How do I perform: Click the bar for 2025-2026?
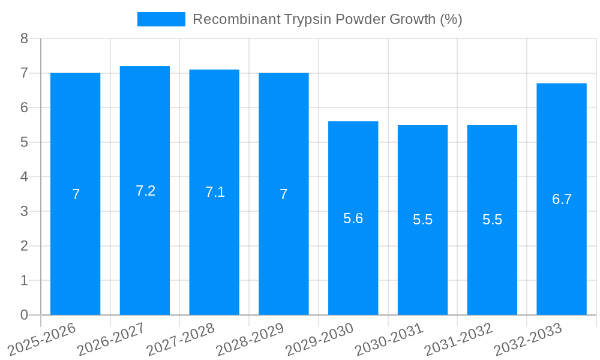tap(75, 252)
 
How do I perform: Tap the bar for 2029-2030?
tap(353, 270)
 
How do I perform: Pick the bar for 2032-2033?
tap(562, 258)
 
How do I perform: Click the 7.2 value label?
tap(145, 191)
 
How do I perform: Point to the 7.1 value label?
tap(215, 192)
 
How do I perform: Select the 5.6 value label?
tap(353, 218)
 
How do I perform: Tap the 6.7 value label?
tap(562, 200)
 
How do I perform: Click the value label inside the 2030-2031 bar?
tap(422, 220)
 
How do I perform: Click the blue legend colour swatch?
tap(161, 19)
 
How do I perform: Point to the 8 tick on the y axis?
tap(24, 38)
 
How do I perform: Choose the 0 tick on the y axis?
tap(24, 315)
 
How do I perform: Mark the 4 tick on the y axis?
tap(24, 177)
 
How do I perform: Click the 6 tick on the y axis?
tap(24, 108)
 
